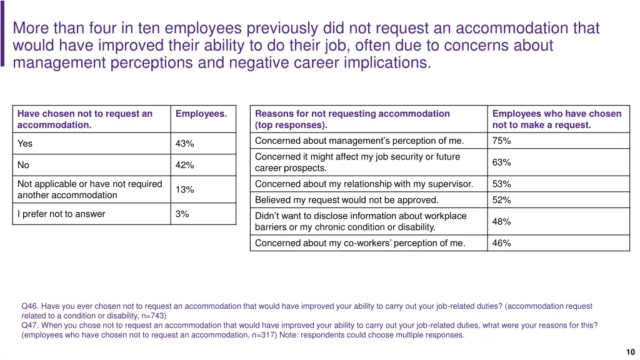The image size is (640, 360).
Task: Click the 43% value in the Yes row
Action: [x=184, y=144]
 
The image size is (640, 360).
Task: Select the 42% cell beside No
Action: [x=184, y=166]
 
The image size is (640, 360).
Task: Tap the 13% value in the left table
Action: [x=184, y=190]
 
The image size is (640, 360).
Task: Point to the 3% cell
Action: [x=182, y=214]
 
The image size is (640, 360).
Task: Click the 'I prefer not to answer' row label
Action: [x=61, y=214]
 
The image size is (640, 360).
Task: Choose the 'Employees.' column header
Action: [x=201, y=114]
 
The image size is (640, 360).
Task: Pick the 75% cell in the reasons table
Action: [x=501, y=141]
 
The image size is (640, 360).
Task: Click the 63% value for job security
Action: [x=501, y=162]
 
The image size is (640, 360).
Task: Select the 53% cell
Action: [x=501, y=184]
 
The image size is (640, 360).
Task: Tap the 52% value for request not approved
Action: [x=501, y=201]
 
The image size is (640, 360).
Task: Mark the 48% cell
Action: [x=501, y=222]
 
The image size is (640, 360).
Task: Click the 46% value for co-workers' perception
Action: [x=501, y=244]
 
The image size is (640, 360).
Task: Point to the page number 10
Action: [x=630, y=352]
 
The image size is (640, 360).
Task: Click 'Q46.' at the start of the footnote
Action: [x=30, y=306]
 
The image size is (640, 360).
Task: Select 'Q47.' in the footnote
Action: [x=30, y=325]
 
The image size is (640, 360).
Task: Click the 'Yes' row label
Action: [x=25, y=144]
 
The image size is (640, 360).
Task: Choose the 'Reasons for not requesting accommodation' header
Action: [x=352, y=114]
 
